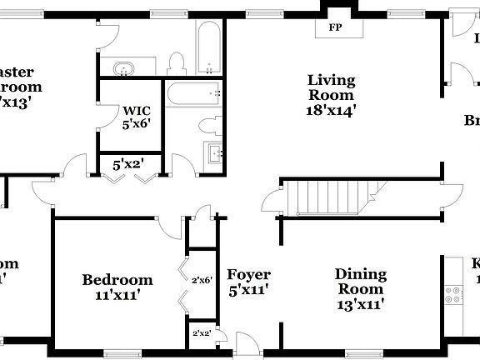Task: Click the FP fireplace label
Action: pos(335,27)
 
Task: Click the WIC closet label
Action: pos(137,110)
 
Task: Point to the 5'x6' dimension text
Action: pos(137,125)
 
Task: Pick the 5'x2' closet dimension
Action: pos(129,165)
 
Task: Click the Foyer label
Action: pos(248,274)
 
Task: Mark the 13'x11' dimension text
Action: pos(361,305)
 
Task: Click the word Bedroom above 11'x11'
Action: pos(117,280)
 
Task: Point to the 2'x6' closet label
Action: pos(202,281)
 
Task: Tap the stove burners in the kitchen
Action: pos(455,293)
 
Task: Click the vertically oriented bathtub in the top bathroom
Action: pos(208,48)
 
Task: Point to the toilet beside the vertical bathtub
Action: pos(176,63)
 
